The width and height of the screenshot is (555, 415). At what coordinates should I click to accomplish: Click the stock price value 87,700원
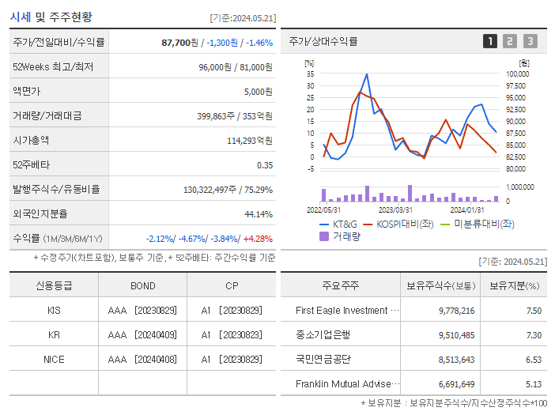[177, 43]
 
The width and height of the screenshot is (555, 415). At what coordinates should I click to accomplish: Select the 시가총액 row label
[31, 140]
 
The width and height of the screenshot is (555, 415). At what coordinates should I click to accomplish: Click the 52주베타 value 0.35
[264, 164]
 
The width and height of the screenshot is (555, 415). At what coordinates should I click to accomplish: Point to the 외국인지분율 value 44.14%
[258, 213]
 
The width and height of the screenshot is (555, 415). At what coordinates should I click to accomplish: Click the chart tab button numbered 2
[510, 41]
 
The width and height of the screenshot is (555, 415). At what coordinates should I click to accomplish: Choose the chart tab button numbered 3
[530, 41]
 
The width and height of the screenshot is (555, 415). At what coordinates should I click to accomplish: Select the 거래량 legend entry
[345, 236]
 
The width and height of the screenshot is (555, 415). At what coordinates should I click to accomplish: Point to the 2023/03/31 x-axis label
[395, 209]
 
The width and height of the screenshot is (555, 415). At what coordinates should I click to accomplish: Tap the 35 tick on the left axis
[311, 74]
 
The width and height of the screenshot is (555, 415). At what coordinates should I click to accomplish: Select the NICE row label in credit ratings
[54, 359]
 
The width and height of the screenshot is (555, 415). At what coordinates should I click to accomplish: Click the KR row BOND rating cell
[142, 334]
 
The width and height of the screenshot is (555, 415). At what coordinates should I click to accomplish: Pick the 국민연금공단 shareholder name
[323, 359]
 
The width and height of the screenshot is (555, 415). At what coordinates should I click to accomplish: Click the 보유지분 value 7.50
[534, 311]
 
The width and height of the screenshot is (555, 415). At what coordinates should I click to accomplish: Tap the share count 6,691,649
[456, 383]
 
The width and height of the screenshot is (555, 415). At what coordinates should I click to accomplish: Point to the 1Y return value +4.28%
[258, 238]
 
